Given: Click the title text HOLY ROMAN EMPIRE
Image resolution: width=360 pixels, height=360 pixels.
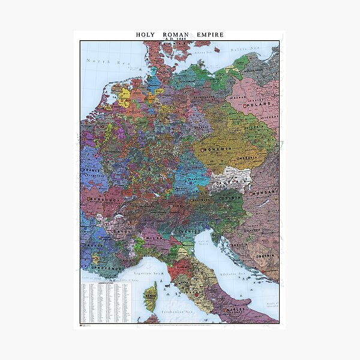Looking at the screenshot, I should (179, 34).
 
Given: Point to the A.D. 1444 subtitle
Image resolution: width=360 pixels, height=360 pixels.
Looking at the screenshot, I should (179, 39).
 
